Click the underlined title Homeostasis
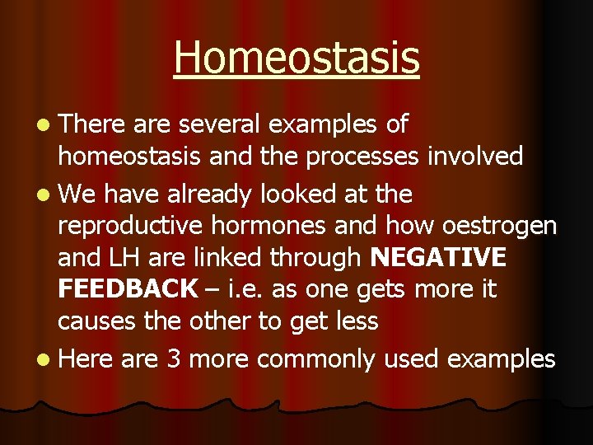pyautogui.click(x=296, y=58)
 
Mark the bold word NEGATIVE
pyautogui.click(x=438, y=258)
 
